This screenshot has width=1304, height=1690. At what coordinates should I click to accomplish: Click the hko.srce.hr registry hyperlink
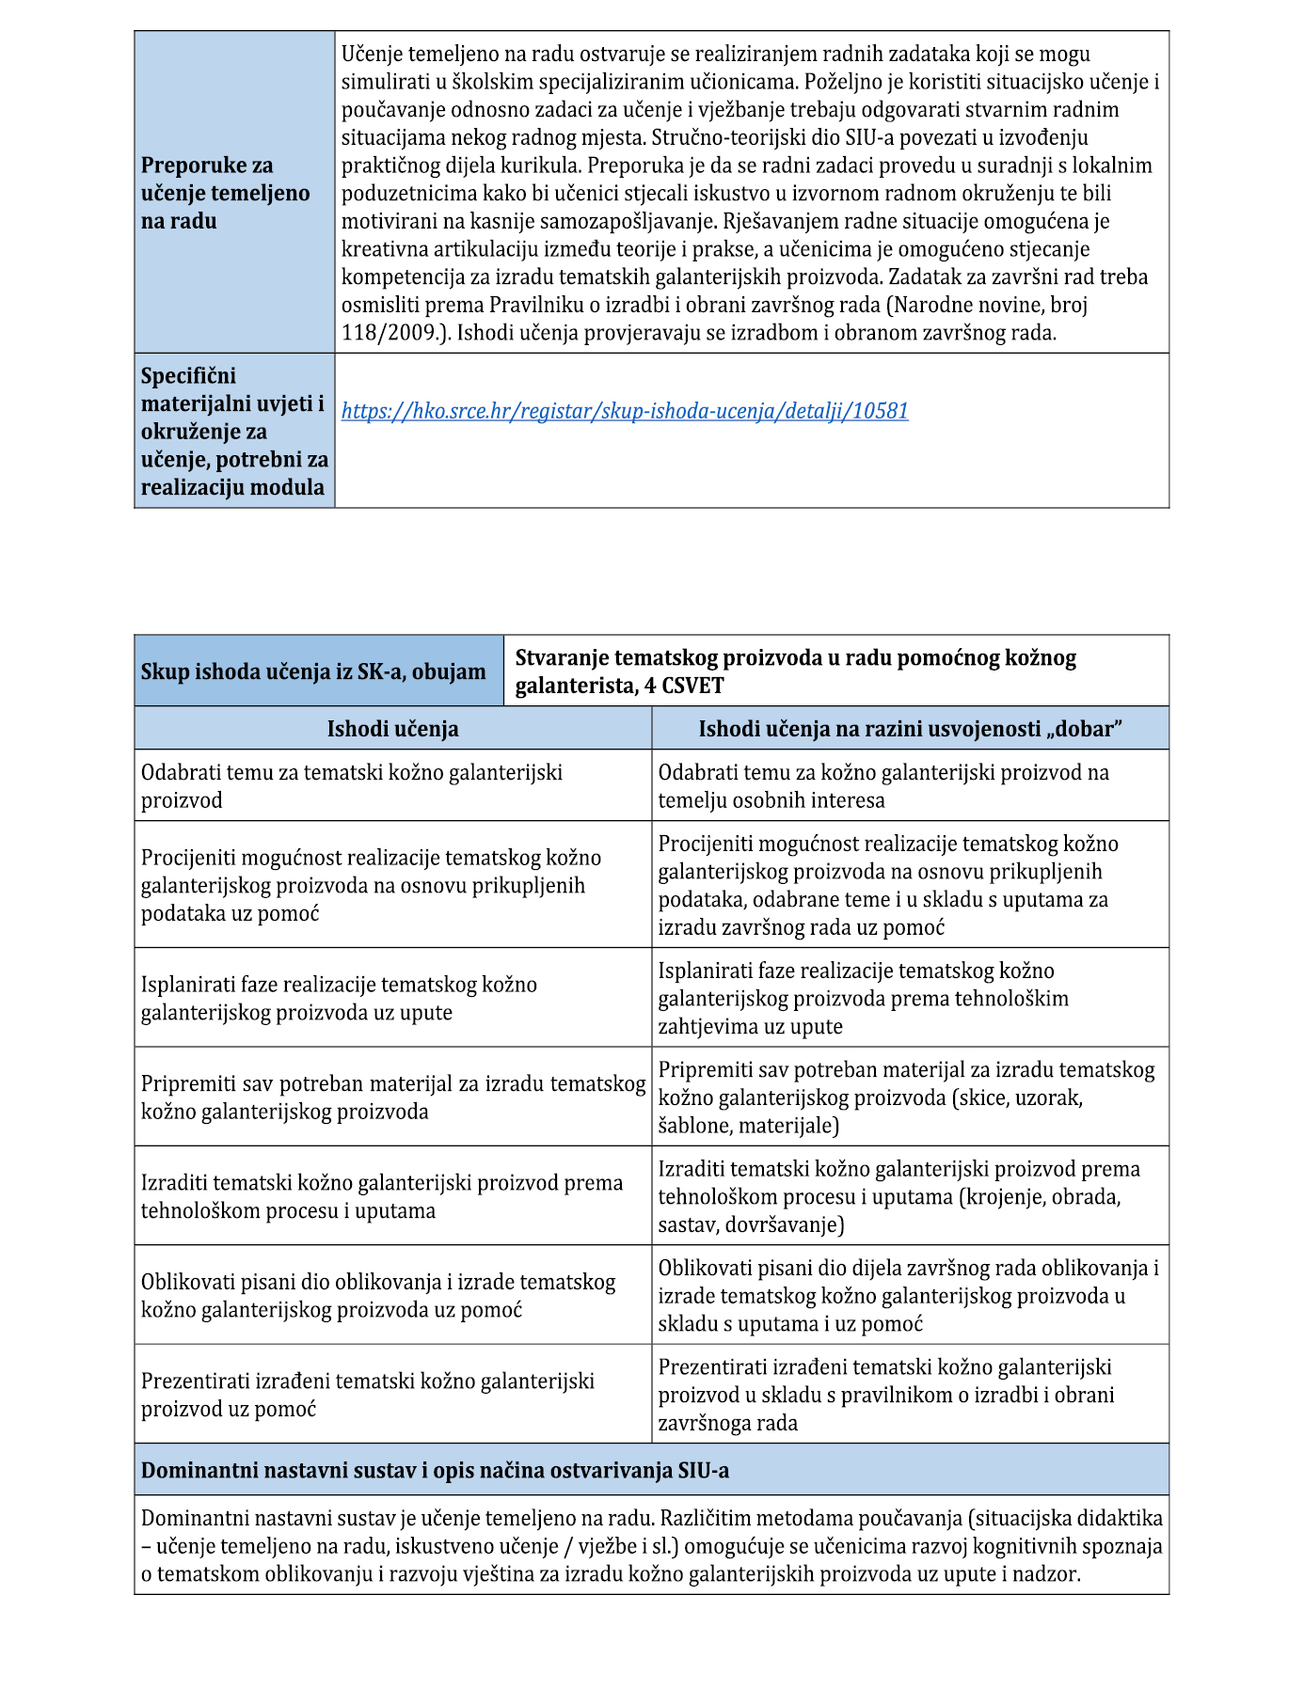coord(625,411)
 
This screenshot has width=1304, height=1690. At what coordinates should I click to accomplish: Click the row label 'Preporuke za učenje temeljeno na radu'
coord(225,193)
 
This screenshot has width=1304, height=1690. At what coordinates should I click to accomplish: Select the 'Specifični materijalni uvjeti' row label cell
coord(234,431)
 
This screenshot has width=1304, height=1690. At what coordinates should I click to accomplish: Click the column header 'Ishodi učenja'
coord(392,729)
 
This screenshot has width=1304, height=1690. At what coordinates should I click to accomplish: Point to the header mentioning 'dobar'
coord(910,729)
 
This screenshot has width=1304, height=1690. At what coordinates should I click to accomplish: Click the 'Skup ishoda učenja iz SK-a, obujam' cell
coord(313,671)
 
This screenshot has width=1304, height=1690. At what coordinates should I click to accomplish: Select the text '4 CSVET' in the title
coord(684,686)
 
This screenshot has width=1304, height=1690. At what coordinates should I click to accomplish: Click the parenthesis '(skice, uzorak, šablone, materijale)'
coord(870,1112)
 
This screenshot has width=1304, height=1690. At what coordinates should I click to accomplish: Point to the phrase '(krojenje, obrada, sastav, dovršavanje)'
coord(889,1211)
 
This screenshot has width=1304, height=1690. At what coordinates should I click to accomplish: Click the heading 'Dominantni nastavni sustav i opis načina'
coord(435,1470)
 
